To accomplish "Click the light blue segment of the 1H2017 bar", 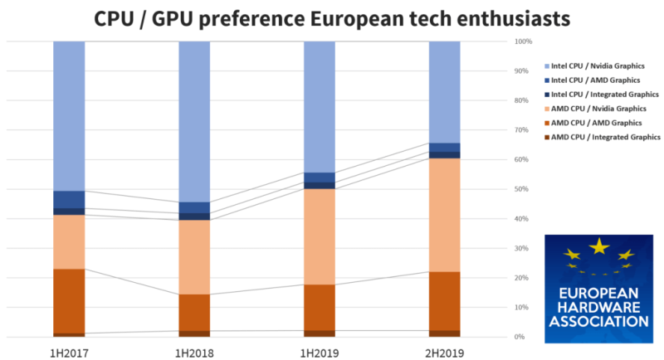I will [69, 116].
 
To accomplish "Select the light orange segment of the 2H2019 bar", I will [444, 215].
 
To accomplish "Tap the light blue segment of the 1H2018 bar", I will [194, 121].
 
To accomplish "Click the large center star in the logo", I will [598, 246].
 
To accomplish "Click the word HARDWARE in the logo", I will [598, 307].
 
